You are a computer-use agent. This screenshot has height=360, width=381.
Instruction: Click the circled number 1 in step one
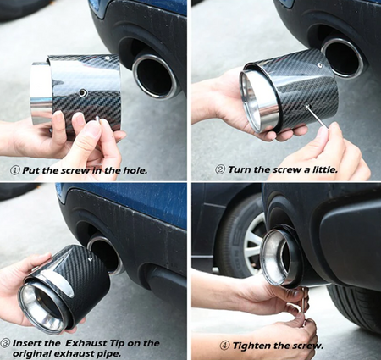(15, 170)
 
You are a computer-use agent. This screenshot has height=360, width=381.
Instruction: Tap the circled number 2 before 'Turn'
(220, 169)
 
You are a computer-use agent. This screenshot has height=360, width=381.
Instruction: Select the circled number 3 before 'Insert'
(5, 343)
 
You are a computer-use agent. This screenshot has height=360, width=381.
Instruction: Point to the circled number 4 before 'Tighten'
(225, 346)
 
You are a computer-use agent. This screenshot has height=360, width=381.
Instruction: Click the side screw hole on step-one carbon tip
(82, 92)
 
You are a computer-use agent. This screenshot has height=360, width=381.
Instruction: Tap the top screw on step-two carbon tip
(319, 64)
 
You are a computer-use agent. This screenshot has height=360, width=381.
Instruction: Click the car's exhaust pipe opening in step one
(154, 76)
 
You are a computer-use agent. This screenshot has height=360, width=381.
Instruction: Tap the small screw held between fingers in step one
(98, 120)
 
